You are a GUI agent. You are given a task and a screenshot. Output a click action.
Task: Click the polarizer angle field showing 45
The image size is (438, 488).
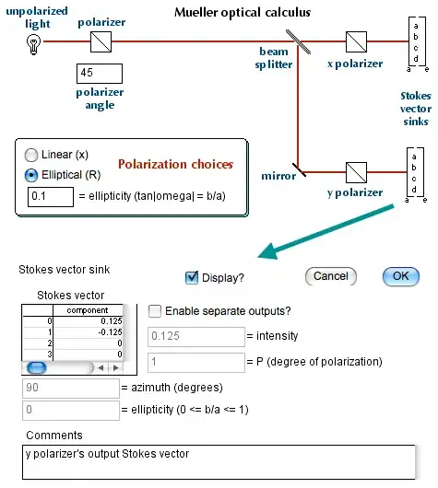coord(98,74)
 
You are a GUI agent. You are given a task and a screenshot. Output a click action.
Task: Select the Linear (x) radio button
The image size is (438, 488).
coord(32,156)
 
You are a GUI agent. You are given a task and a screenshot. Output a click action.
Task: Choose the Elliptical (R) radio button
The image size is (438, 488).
coord(32,175)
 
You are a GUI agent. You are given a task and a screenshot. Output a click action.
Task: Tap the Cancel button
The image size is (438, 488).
coord(330,275)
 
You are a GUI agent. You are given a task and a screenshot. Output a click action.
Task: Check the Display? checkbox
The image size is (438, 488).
coord(193,276)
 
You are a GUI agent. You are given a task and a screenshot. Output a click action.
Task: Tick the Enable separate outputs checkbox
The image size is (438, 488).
coord(156,311)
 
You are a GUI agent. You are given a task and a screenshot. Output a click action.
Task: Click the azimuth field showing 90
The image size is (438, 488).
coord(70,388)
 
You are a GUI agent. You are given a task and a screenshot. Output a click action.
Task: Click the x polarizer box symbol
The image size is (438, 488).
coord(357,41)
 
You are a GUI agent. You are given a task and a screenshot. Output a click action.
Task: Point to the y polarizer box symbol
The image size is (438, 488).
coord(357,168)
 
